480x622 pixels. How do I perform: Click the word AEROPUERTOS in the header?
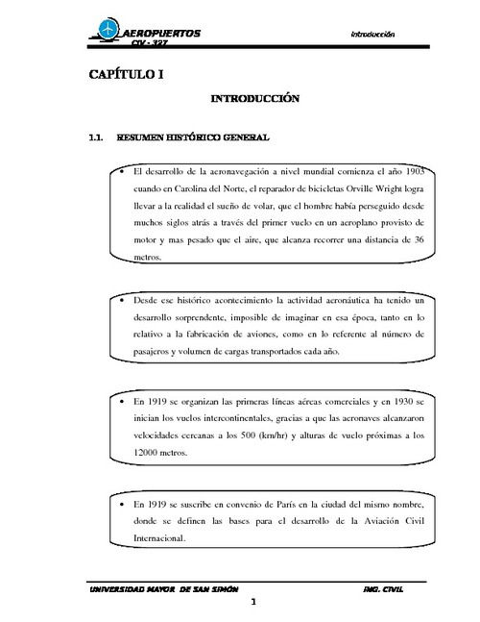(165, 33)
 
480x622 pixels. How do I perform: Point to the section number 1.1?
(96, 137)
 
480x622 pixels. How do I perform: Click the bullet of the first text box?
(122, 171)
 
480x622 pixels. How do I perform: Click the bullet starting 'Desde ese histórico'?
(122, 300)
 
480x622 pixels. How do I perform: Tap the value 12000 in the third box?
(151, 452)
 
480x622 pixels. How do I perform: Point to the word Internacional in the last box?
(159, 538)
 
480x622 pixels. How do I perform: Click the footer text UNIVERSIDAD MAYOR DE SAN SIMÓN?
(163, 587)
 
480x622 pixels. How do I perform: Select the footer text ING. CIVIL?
(387, 587)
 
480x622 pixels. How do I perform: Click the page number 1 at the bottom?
(252, 603)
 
